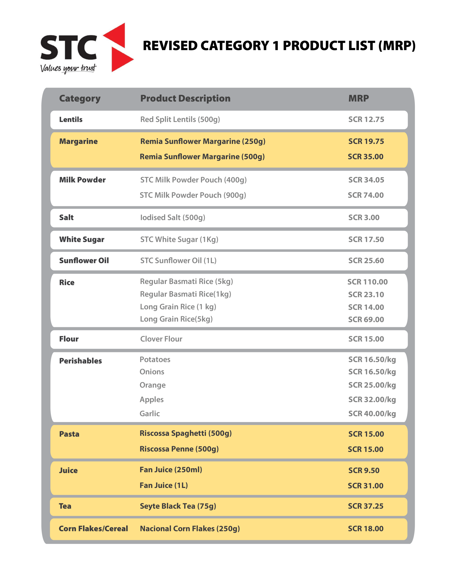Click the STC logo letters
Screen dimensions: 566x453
pos(69,47)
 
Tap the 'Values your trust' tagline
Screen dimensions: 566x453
pos(68,68)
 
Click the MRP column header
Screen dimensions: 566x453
pos(359,98)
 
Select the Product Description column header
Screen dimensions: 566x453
pos(185,98)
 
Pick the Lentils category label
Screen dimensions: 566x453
pos(71,119)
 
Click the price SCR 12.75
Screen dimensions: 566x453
pos(366,119)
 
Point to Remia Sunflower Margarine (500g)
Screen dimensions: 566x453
pos(202,157)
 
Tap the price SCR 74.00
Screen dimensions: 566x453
pos(366,195)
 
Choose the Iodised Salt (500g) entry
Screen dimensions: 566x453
pos(173,217)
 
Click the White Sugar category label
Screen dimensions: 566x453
pos(82,239)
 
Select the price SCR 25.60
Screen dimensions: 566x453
pos(366,260)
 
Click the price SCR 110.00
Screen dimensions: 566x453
pos(367,282)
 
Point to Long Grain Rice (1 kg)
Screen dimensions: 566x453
pos(178,307)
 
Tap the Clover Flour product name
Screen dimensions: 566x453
pos(161,339)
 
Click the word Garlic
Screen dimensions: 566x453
pos(150,413)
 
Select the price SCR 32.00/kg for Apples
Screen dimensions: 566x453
pos(372,399)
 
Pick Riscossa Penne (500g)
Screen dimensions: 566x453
pos(179,449)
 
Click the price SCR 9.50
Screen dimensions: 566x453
pos(364,470)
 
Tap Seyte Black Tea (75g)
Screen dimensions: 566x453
pos(178,506)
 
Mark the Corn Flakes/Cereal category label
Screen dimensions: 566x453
pos(93,528)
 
